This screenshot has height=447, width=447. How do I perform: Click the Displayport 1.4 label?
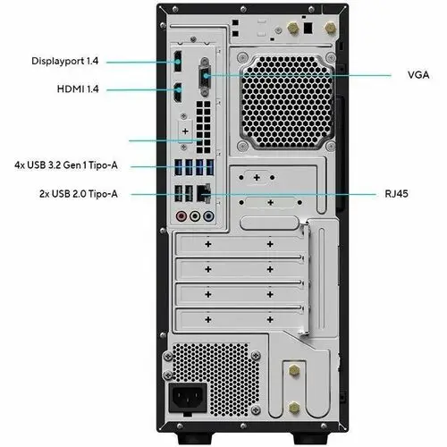click(64, 61)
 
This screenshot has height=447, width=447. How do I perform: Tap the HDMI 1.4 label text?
click(78, 89)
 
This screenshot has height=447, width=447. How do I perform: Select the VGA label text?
click(418, 75)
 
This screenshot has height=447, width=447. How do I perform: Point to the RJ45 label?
click(396, 194)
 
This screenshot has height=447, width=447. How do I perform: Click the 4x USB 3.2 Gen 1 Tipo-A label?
click(66, 165)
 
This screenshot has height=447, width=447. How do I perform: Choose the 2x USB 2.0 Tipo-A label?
click(79, 194)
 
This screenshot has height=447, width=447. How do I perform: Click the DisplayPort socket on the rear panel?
click(177, 62)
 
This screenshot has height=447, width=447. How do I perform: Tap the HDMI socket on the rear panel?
click(178, 92)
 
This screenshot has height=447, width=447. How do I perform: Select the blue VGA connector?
click(205, 76)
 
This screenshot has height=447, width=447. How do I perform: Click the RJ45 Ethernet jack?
click(204, 193)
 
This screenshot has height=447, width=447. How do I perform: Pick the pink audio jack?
click(181, 216)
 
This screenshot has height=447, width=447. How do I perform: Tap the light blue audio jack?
click(208, 216)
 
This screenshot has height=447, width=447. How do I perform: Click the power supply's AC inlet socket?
click(188, 398)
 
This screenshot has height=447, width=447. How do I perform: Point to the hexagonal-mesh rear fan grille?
click(287, 102)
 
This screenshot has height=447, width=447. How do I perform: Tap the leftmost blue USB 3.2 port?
click(178, 167)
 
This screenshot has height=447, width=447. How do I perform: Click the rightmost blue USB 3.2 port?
click(210, 167)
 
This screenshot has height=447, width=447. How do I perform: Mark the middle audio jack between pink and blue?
click(195, 216)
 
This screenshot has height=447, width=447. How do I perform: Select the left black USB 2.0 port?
click(178, 193)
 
